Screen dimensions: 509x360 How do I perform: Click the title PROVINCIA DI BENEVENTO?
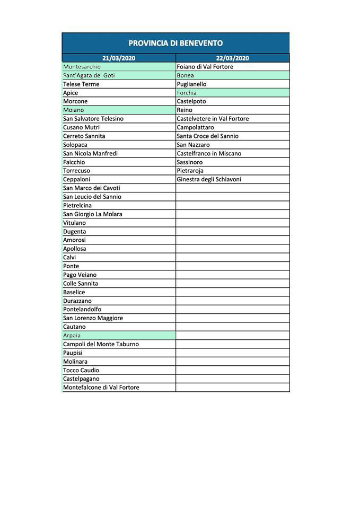point(175,43)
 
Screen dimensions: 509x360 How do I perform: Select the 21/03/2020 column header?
point(119,58)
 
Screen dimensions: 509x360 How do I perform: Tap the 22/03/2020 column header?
point(232,58)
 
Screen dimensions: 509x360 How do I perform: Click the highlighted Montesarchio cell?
point(119,67)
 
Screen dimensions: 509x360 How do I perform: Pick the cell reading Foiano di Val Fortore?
point(232,67)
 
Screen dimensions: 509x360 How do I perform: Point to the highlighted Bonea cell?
point(232,76)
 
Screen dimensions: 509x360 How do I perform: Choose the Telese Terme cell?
point(119,84)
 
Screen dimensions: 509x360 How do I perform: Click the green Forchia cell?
point(232,93)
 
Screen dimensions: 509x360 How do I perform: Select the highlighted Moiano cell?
point(119,110)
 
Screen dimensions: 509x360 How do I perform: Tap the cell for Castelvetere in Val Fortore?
point(232,119)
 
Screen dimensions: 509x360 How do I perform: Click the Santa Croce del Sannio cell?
point(232,136)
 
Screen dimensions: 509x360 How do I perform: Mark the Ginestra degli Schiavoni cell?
point(232,180)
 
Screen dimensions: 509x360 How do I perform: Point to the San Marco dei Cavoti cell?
point(119,188)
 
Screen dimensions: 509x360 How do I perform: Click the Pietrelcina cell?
point(119,205)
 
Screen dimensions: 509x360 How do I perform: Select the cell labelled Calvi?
point(119,257)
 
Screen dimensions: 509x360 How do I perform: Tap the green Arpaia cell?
point(119,336)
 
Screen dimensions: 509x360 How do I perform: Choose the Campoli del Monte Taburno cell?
point(119,344)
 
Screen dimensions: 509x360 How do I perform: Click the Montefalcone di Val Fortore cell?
point(119,388)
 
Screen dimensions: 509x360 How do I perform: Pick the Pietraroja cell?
point(232,171)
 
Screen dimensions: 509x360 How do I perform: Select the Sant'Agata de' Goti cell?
point(119,76)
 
